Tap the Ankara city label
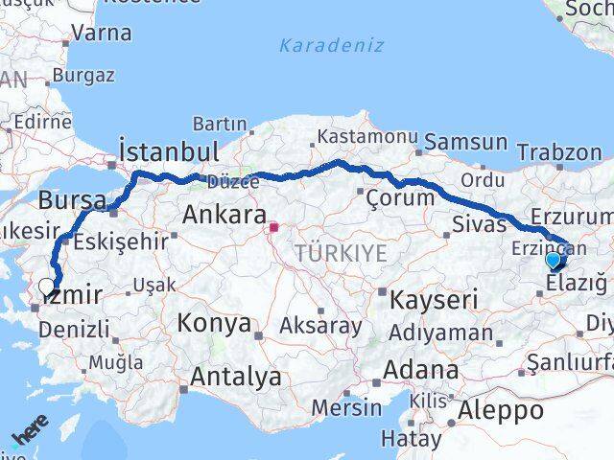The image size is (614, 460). click(x=220, y=212)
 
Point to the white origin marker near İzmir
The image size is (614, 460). click(x=46, y=286)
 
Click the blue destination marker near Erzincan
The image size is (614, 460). click(x=554, y=260)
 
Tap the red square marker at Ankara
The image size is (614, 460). click(x=273, y=228)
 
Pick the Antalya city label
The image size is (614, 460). click(x=235, y=377)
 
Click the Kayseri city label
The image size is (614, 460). click(x=434, y=299)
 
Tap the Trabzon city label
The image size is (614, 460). click(x=558, y=151)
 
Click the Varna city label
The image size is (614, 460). click(x=101, y=33)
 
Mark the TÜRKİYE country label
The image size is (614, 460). click(x=342, y=253)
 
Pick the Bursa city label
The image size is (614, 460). click(x=72, y=201)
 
